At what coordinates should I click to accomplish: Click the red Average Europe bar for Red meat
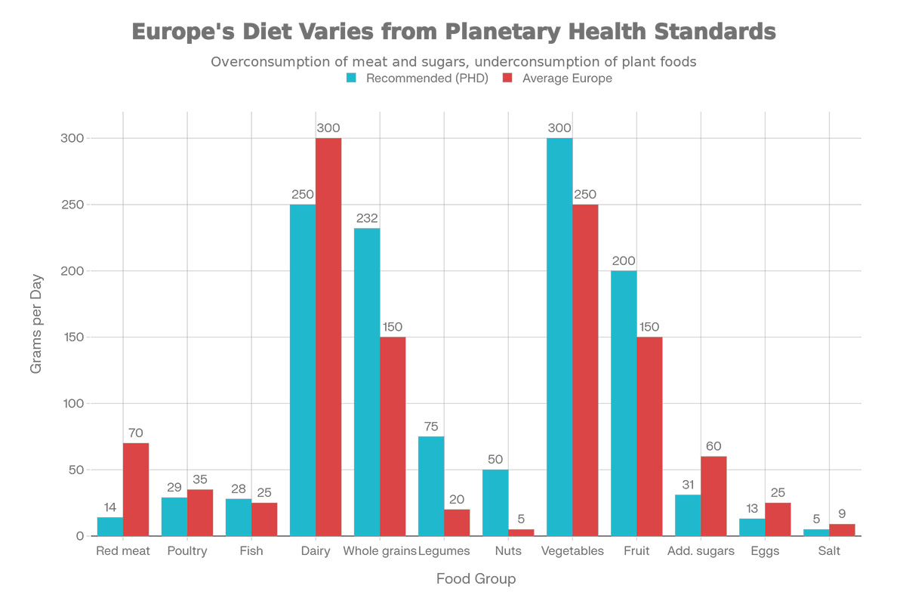(136, 489)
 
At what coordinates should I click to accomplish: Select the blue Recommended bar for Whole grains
(367, 382)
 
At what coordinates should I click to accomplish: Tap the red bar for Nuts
(521, 532)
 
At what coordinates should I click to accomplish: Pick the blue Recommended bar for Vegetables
(559, 337)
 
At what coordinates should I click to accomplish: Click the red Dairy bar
(328, 337)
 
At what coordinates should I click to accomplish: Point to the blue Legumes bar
(431, 486)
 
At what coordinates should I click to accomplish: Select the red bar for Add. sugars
(713, 496)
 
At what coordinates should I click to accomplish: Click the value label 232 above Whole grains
(367, 218)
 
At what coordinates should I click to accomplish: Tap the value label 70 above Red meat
(136, 433)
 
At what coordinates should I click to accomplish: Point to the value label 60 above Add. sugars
(713, 446)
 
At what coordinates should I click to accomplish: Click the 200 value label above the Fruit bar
(624, 260)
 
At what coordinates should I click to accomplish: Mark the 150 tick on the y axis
(72, 337)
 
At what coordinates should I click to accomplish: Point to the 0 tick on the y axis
(79, 536)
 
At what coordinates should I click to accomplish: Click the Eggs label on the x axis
(765, 551)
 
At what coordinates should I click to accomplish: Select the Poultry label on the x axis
(187, 551)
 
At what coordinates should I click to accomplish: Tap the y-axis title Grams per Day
(36, 324)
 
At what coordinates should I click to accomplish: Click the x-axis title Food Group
(476, 579)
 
